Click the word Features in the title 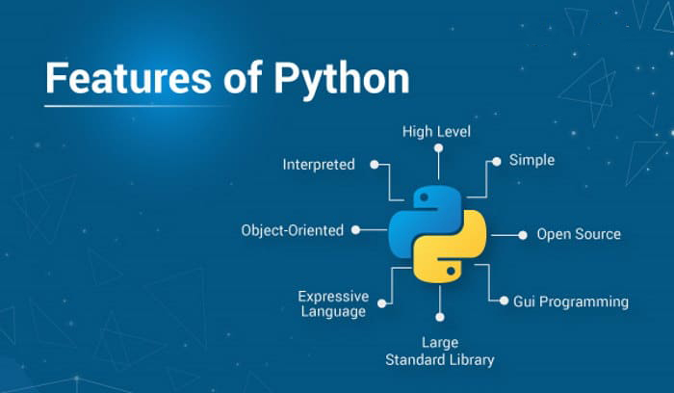(x=128, y=78)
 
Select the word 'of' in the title (x=243, y=77)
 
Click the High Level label (x=436, y=132)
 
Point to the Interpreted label (x=319, y=165)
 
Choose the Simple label (x=531, y=161)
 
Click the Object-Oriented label (x=293, y=230)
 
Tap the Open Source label (x=579, y=234)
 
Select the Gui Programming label (x=571, y=301)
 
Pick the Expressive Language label (x=333, y=303)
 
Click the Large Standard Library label (x=440, y=352)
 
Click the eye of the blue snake (x=424, y=197)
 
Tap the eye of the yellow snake (x=451, y=271)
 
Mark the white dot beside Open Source (x=523, y=235)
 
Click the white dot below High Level (x=438, y=148)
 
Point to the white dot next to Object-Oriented (x=355, y=230)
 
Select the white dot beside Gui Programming (x=504, y=301)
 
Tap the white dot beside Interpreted (x=375, y=165)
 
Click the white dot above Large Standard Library (x=440, y=317)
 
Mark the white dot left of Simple (x=497, y=162)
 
